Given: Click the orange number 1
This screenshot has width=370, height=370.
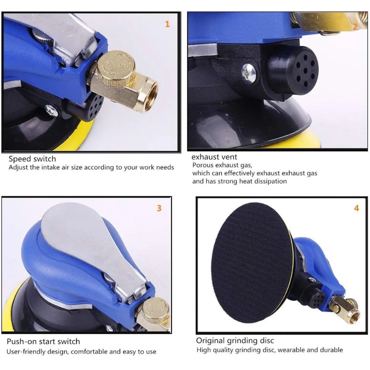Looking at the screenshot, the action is [x=167, y=24].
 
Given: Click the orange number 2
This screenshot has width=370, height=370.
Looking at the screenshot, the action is [x=355, y=26].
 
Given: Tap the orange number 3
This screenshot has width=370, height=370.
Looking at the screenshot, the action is [x=159, y=208].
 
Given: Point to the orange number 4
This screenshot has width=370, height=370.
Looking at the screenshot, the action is [x=356, y=208].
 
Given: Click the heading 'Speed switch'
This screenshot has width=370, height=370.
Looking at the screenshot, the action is [x=32, y=159].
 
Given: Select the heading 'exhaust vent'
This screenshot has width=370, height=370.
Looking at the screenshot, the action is [x=214, y=157].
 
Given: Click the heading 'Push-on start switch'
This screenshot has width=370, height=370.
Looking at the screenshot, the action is [x=43, y=341].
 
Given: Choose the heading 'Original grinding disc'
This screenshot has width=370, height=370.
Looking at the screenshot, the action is [x=235, y=341].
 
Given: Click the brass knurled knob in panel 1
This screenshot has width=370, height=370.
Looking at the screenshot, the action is [x=117, y=68].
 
